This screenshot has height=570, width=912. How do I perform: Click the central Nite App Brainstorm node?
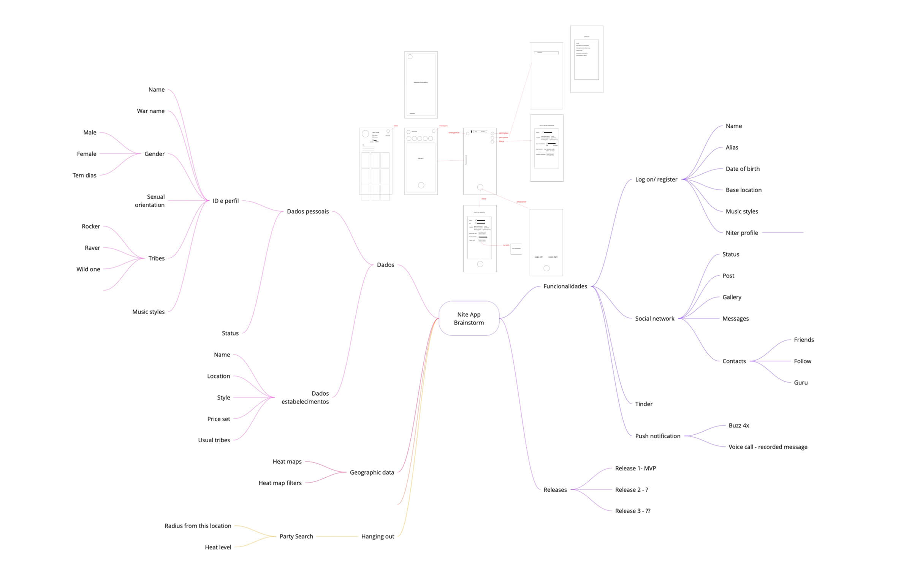tap(469, 318)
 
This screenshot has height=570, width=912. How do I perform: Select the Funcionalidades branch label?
tap(565, 286)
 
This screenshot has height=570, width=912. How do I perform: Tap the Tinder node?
tap(644, 404)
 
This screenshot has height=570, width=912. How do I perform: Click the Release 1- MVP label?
tap(635, 468)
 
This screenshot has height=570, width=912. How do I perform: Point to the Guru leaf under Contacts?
tap(801, 383)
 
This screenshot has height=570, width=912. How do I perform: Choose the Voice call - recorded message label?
tap(768, 447)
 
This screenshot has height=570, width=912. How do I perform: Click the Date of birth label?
tap(743, 169)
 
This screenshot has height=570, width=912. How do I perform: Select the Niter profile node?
tap(742, 233)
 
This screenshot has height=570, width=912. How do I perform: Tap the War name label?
tap(151, 111)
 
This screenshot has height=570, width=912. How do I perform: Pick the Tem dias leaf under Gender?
tap(84, 175)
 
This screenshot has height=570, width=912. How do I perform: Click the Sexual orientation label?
tap(150, 201)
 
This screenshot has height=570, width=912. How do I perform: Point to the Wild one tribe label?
tap(88, 269)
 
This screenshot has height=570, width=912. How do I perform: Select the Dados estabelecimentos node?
tap(305, 397)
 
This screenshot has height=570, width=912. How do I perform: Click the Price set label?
tap(218, 419)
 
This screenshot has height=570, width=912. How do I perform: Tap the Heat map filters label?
tap(280, 483)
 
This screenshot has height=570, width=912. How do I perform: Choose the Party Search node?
tap(296, 536)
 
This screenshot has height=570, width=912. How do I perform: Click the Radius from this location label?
tap(198, 526)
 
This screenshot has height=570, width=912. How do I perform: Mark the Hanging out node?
tap(378, 536)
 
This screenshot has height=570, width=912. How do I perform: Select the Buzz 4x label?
tap(739, 426)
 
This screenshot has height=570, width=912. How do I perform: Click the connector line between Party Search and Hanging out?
tap(337, 536)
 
